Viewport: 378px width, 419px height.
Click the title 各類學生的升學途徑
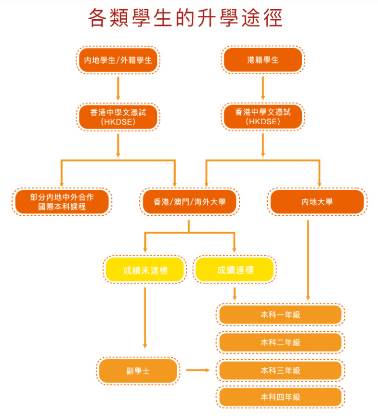point(185,18)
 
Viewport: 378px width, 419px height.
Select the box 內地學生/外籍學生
point(118,60)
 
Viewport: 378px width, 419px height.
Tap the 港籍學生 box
point(262,60)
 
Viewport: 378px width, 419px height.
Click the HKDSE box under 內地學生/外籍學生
point(118,117)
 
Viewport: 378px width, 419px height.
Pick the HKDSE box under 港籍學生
point(262,117)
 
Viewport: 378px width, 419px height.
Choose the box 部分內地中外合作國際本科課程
point(62,202)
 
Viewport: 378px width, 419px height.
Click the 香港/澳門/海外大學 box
point(190,202)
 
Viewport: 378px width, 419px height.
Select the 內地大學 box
point(317,202)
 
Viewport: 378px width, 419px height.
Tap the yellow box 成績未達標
point(145,270)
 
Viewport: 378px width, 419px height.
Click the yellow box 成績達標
point(235,270)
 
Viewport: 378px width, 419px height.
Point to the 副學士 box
point(138,370)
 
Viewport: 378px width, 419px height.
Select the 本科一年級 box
point(280,314)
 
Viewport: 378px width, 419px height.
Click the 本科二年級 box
point(280,342)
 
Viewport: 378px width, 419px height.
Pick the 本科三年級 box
point(280,370)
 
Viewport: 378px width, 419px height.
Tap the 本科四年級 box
point(280,397)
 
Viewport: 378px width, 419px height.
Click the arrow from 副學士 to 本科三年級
point(198,370)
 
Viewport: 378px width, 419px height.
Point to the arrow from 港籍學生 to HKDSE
point(262,88)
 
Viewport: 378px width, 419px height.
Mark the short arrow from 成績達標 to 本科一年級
point(235,293)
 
